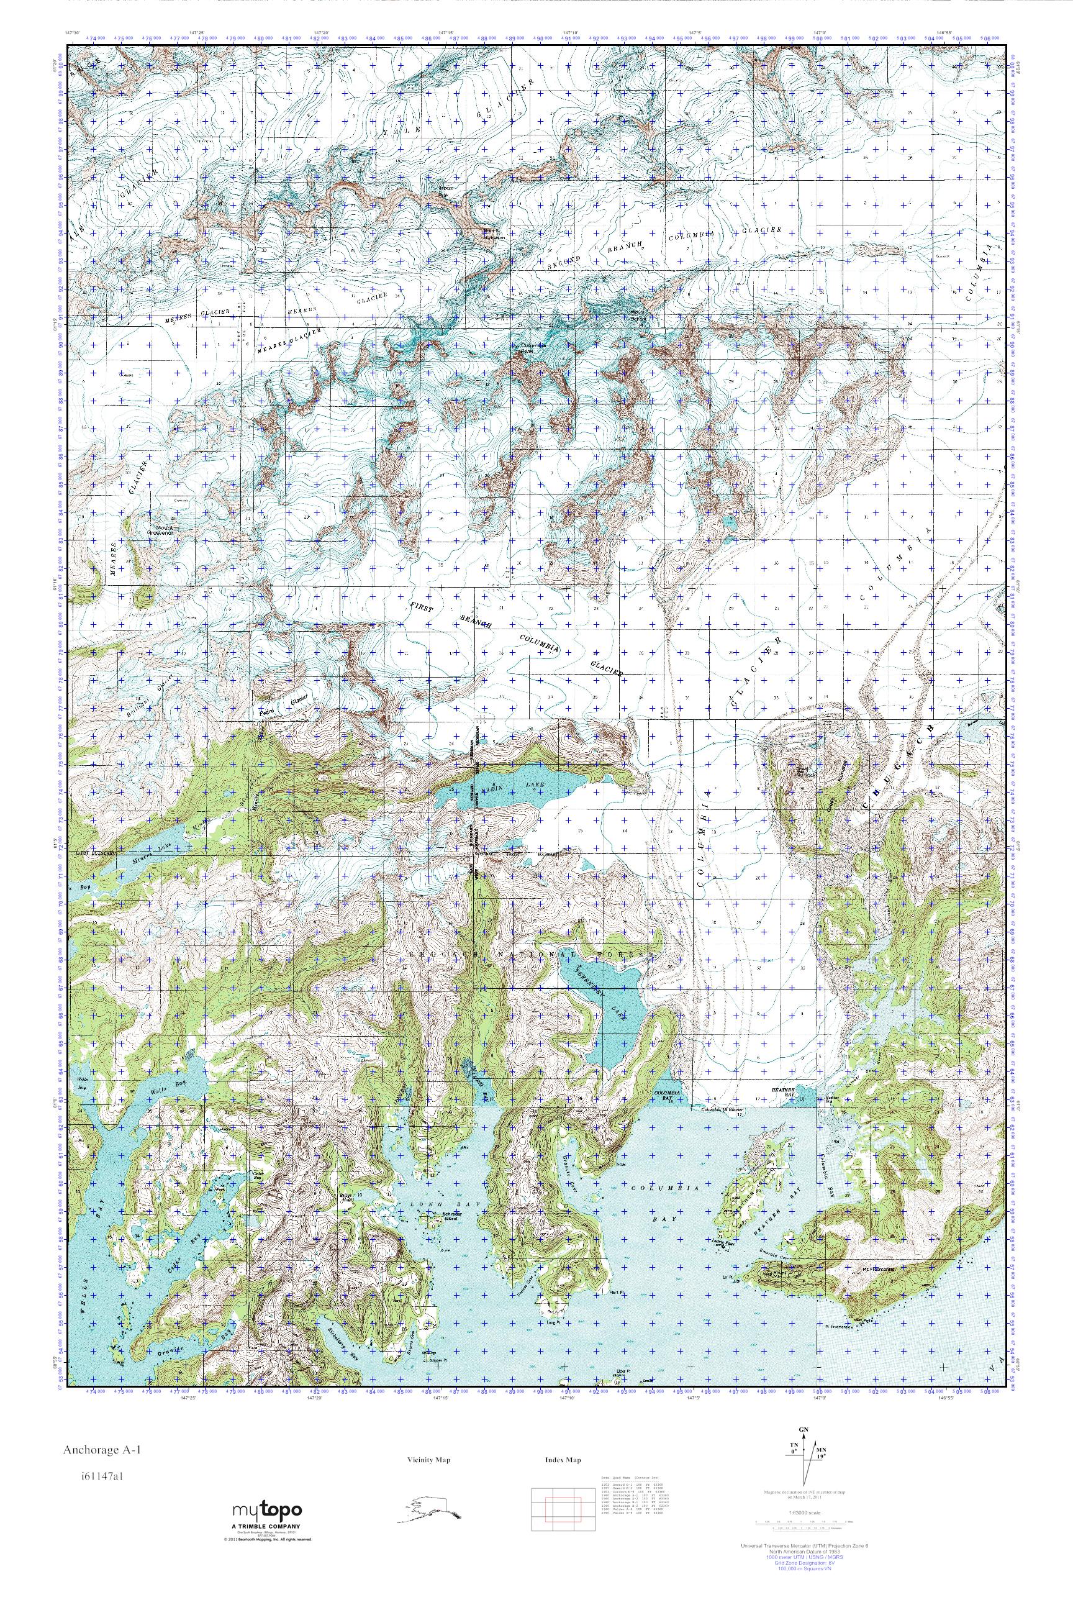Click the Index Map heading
tap(563, 1460)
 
